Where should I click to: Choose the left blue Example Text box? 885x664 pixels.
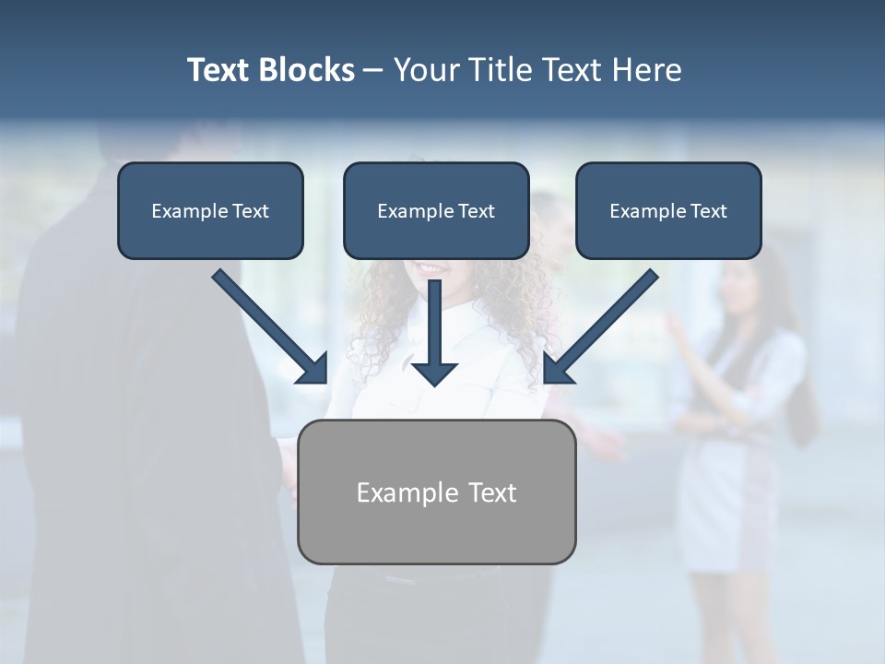[x=210, y=211]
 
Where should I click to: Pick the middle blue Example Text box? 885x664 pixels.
[x=436, y=211]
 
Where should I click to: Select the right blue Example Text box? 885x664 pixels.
[x=668, y=211]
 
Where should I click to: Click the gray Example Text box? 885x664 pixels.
[x=436, y=492]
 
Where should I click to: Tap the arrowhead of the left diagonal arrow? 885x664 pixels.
[x=313, y=370]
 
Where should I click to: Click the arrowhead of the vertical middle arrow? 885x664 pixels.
[x=434, y=373]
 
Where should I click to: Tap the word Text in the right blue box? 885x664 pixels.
[x=708, y=211]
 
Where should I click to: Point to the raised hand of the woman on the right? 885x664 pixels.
[x=676, y=323]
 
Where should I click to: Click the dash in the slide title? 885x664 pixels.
[x=373, y=70]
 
